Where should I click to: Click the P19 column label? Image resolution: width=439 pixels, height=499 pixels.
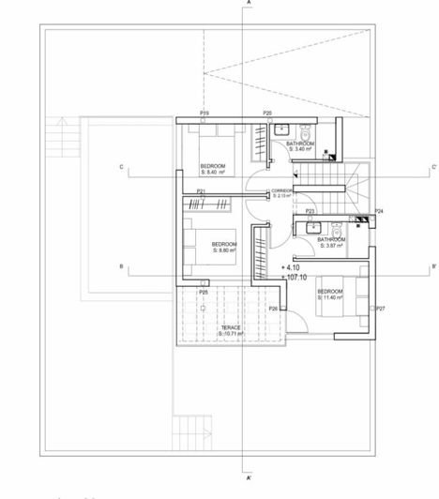point(204,113)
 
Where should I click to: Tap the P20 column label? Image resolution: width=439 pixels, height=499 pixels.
point(267,113)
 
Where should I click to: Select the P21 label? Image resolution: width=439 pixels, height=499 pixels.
point(202,192)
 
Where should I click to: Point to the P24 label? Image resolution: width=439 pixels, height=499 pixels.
point(378,212)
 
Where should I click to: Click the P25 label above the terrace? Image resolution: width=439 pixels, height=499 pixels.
point(203,293)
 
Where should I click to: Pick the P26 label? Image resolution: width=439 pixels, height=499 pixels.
point(273,309)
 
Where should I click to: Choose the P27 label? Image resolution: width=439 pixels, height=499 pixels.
point(380,308)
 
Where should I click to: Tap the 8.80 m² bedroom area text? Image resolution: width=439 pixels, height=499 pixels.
point(225,250)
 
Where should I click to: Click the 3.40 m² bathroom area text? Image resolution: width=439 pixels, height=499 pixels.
point(300,149)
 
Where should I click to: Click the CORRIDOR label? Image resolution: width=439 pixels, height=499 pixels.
point(282,190)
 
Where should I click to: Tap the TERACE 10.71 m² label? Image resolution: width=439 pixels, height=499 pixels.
point(232,331)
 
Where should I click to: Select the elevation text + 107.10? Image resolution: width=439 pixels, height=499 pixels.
point(295,277)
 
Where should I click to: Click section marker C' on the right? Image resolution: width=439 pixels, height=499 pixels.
point(431,168)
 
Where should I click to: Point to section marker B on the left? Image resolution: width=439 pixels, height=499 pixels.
point(121,267)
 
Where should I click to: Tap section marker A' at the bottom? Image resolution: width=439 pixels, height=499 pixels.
point(249,477)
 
